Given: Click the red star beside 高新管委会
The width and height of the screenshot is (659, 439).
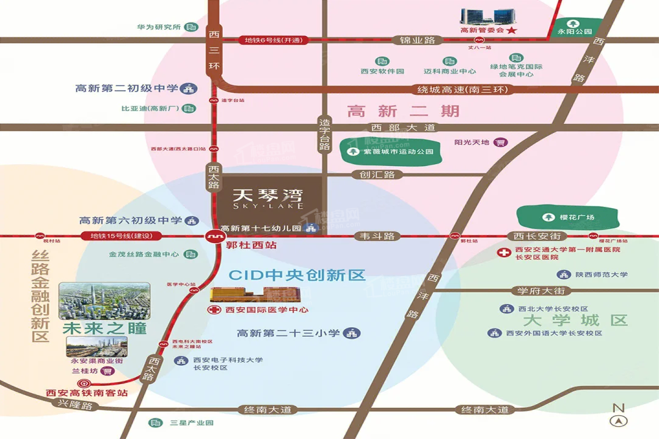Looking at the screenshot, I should (512, 30).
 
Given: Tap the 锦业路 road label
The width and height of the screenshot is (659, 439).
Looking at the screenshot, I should (417, 40).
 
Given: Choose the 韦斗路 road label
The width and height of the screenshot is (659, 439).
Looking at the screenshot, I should (377, 236).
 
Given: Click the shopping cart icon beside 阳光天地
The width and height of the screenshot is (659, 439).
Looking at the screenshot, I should (501, 142).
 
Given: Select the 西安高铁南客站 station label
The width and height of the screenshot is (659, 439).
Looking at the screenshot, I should (87, 393).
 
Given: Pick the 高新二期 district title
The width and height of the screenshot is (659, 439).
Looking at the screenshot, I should (402, 111).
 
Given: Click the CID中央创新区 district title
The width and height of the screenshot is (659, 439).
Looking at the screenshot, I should (297, 275).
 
